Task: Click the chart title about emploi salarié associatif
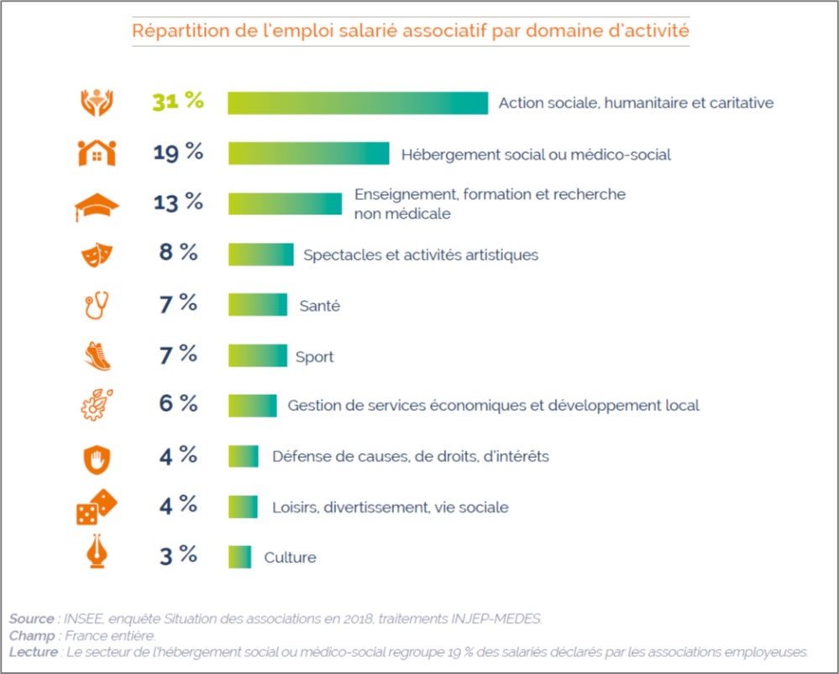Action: pyautogui.click(x=411, y=32)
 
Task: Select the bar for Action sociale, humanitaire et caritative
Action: pyautogui.click(x=358, y=103)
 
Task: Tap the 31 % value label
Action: pyautogui.click(x=178, y=102)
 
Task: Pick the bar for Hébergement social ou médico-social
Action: pyautogui.click(x=308, y=154)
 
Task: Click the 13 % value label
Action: pyautogui.click(x=178, y=203)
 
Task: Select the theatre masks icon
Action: pyautogui.click(x=96, y=255)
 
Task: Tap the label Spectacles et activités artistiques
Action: pyautogui.click(x=420, y=255)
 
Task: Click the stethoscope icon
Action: pyautogui.click(x=97, y=305)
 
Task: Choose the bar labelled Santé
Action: pyautogui.click(x=257, y=305)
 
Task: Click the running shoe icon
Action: pyautogui.click(x=97, y=356)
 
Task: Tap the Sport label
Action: pyautogui.click(x=314, y=357)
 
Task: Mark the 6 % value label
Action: pyautogui.click(x=178, y=404)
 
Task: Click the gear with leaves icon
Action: pyautogui.click(x=97, y=406)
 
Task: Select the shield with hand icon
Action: pyautogui.click(x=97, y=458)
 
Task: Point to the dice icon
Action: pyautogui.click(x=97, y=507)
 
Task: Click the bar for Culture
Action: pyautogui.click(x=239, y=557)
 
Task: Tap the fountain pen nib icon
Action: pyautogui.click(x=97, y=556)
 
